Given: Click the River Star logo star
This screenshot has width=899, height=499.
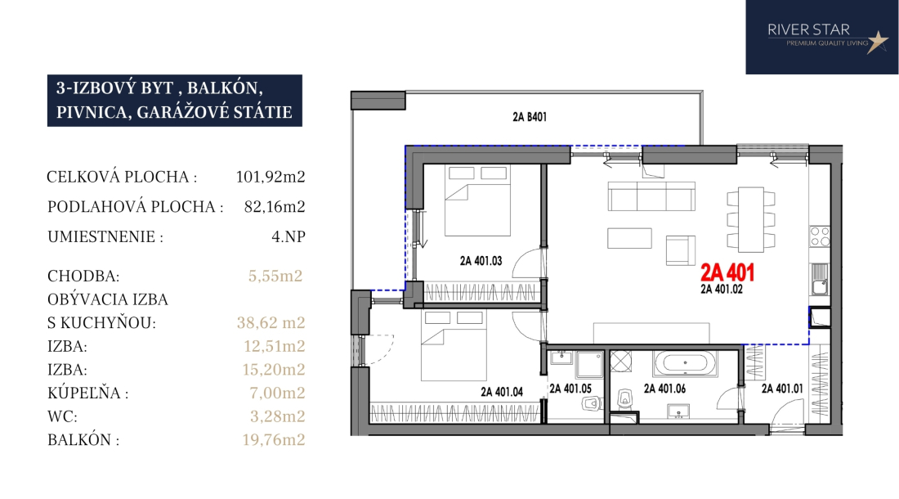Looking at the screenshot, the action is pos(877,41).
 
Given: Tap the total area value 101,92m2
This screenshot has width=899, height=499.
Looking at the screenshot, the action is pos(271,177).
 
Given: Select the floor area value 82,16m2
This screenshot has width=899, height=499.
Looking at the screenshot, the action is pos(275,206).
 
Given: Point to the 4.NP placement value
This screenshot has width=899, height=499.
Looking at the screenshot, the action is pos(288,236).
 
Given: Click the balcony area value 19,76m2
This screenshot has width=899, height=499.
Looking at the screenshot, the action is pos(274,440).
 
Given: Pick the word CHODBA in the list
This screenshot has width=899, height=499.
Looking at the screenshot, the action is pos(83,276).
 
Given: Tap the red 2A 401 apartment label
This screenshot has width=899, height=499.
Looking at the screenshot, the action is pos(727,272).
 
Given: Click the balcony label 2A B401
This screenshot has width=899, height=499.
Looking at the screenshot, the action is pos(530,117).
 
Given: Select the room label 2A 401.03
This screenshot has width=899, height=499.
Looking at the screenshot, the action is pos(481,261).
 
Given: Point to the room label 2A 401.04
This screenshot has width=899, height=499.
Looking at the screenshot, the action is pos(502,392).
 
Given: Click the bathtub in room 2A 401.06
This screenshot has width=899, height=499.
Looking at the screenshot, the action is pos(685,364).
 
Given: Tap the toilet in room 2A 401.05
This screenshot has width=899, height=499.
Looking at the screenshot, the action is pos(591,404).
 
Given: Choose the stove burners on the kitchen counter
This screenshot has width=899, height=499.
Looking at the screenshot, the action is pos(819,236).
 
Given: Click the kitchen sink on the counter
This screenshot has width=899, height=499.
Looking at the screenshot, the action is pos(819,280).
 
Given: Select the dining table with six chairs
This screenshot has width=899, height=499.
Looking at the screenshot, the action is pos(750,220).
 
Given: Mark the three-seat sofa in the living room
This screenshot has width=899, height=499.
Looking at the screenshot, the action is pos(651,196).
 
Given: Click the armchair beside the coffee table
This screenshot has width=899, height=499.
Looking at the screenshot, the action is pos(680,250).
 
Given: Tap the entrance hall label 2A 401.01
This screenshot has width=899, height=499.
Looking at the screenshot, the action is pos(782,389).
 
